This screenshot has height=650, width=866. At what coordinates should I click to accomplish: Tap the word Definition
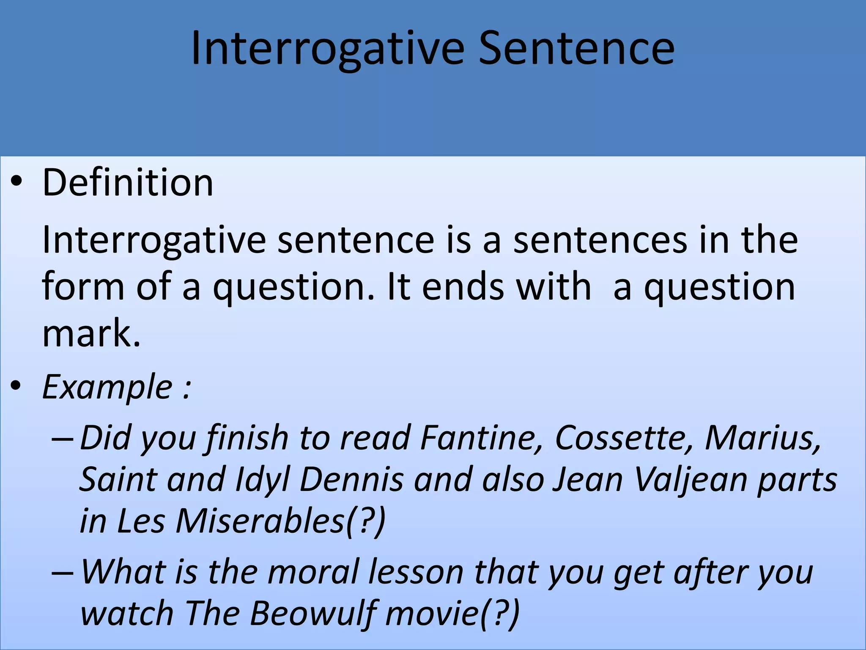point(128,183)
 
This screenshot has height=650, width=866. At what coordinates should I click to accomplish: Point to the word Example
point(107,387)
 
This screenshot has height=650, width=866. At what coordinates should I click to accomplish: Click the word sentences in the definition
point(600,240)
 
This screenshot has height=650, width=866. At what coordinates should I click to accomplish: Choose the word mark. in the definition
point(91,333)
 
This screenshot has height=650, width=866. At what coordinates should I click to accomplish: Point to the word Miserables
point(260,521)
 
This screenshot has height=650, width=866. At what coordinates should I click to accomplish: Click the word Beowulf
point(312,614)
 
